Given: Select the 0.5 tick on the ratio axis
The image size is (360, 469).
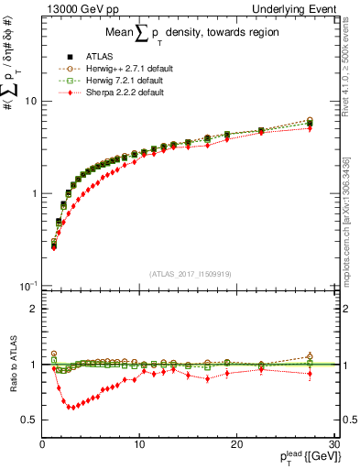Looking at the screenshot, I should [27, 420].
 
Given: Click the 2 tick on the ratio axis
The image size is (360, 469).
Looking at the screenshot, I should [31, 309].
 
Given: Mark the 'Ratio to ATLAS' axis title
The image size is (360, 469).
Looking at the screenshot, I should [10, 365].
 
